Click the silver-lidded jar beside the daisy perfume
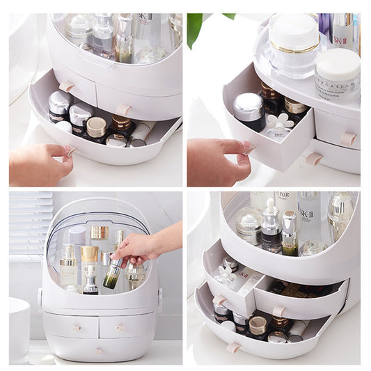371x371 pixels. (248, 111)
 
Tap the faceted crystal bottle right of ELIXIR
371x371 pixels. (340, 216)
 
